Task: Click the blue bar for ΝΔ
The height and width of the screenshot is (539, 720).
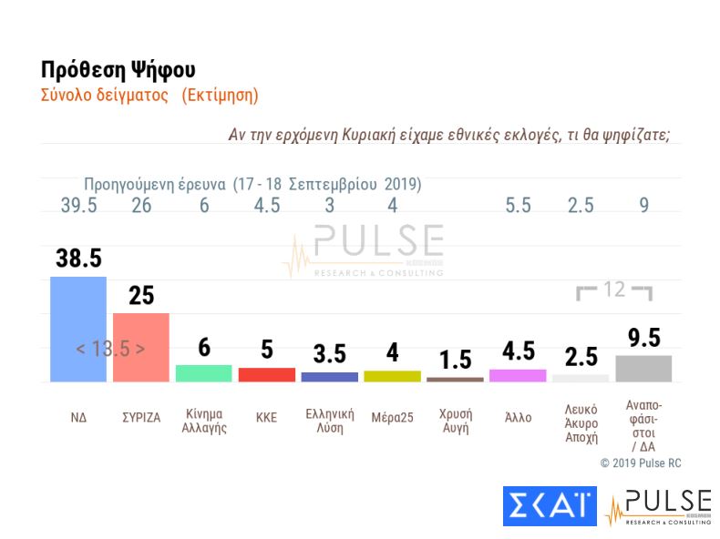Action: click(77, 329)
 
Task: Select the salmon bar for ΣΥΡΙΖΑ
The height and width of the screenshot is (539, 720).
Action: click(140, 347)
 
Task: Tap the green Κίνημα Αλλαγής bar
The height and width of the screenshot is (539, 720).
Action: click(203, 373)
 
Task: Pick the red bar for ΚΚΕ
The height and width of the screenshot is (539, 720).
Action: click(266, 374)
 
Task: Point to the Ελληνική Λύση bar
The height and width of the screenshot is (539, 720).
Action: click(329, 377)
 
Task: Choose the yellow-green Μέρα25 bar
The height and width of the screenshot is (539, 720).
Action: click(392, 376)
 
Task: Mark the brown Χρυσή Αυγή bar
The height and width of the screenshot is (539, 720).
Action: click(455, 379)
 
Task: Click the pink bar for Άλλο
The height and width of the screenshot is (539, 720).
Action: click(518, 375)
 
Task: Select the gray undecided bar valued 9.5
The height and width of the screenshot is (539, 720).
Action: click(643, 368)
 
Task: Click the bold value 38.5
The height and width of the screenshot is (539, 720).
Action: click(77, 259)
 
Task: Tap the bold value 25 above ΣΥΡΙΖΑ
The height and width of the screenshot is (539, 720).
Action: click(140, 296)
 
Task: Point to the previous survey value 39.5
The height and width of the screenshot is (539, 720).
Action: click(77, 206)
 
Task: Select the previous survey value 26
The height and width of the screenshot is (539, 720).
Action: click(140, 206)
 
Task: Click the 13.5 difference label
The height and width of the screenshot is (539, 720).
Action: click(110, 349)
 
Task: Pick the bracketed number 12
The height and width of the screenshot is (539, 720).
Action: click(615, 290)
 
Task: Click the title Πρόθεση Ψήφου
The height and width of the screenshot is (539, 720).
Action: click(118, 70)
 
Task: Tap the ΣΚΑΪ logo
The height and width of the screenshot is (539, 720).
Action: click(549, 505)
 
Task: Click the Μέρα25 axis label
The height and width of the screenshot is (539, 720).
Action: click(392, 418)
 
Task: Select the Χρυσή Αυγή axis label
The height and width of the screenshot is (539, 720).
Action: click(455, 419)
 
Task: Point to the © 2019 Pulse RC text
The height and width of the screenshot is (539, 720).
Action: click(640, 463)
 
